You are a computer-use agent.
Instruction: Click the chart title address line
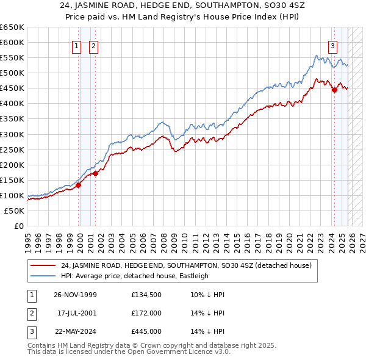pyautogui.click(x=182, y=6)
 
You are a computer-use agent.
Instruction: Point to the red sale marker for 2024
pyautogui.click(x=334, y=90)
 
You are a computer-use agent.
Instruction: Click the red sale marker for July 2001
pyautogui.click(x=96, y=173)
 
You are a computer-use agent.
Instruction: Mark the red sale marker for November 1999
pyautogui.click(x=79, y=185)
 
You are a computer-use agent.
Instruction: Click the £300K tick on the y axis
pyautogui.click(x=12, y=134)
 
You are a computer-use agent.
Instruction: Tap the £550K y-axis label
pyautogui.click(x=12, y=57)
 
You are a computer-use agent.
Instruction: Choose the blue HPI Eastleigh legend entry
pyautogui.click(x=135, y=276)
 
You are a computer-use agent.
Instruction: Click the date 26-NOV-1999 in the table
pyautogui.click(x=74, y=295)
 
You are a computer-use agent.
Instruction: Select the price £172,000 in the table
pyautogui.click(x=146, y=313)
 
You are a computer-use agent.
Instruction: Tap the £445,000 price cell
pyautogui.click(x=146, y=331)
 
